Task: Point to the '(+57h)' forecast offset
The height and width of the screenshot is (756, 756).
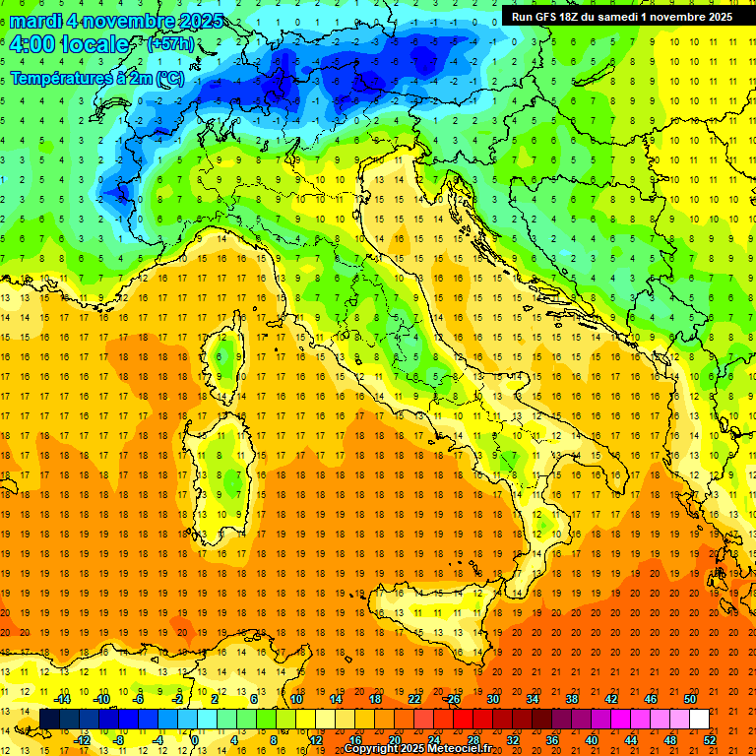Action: [x=169, y=45]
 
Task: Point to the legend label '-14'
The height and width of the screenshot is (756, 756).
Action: [x=62, y=699]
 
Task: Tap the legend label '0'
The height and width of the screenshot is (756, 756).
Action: [x=195, y=739]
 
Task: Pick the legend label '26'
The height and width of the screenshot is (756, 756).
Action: [x=453, y=699]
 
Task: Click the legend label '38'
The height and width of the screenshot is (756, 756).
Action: [x=571, y=699]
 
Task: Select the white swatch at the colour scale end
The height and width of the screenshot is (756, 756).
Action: [x=699, y=719]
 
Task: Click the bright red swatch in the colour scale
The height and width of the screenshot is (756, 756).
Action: [x=463, y=719]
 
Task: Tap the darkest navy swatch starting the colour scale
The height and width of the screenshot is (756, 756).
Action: [x=49, y=719]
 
